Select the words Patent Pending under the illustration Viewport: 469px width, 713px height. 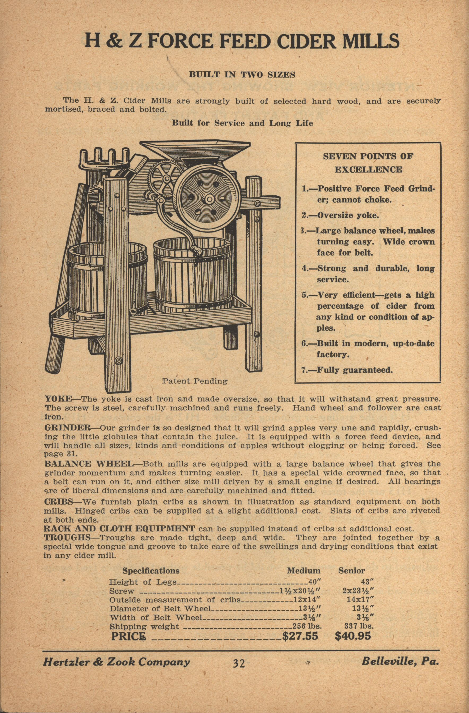195,381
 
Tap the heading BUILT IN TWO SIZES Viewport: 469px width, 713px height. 242,75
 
